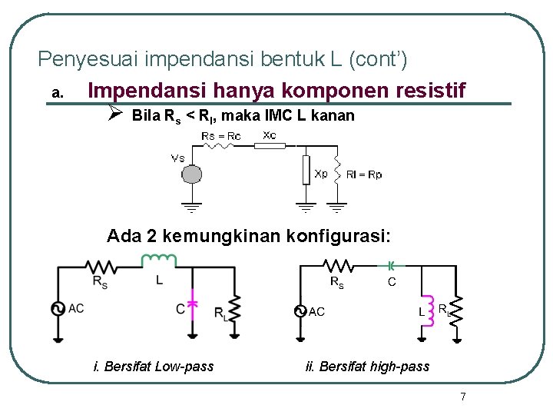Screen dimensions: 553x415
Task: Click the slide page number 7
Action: click(462, 397)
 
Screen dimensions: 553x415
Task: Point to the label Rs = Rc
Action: click(220, 136)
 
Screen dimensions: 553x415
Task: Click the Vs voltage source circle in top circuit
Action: click(190, 175)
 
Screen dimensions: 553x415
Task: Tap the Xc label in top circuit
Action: click(270, 134)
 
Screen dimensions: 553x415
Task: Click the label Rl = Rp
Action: click(364, 174)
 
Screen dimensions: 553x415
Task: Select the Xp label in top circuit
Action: click(321, 174)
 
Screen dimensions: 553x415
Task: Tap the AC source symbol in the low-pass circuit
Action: click(58, 309)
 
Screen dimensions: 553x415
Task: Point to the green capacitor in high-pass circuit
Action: click(391, 266)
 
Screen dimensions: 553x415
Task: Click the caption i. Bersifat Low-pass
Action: click(153, 367)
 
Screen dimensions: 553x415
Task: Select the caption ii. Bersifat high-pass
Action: click(367, 367)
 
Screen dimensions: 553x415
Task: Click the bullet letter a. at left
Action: click(56, 94)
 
